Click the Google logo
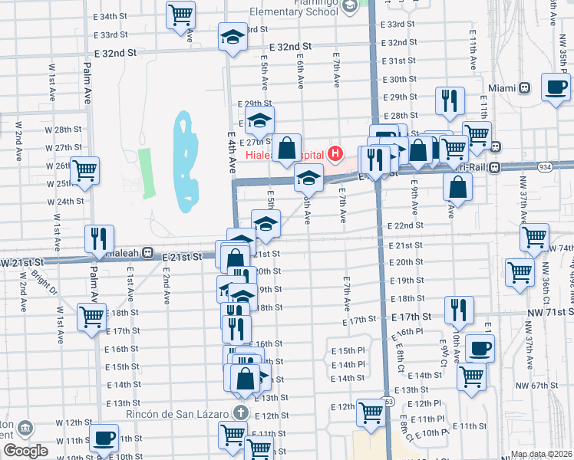click(x=25, y=450)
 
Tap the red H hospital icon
click(x=335, y=154)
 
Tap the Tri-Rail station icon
click(x=495, y=167)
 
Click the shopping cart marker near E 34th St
click(x=180, y=13)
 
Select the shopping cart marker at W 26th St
click(x=85, y=169)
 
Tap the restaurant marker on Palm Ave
click(x=100, y=238)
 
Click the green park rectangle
click(x=146, y=172)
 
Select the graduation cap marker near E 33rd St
click(x=233, y=38)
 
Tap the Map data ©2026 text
click(x=540, y=454)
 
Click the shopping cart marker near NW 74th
click(x=534, y=237)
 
